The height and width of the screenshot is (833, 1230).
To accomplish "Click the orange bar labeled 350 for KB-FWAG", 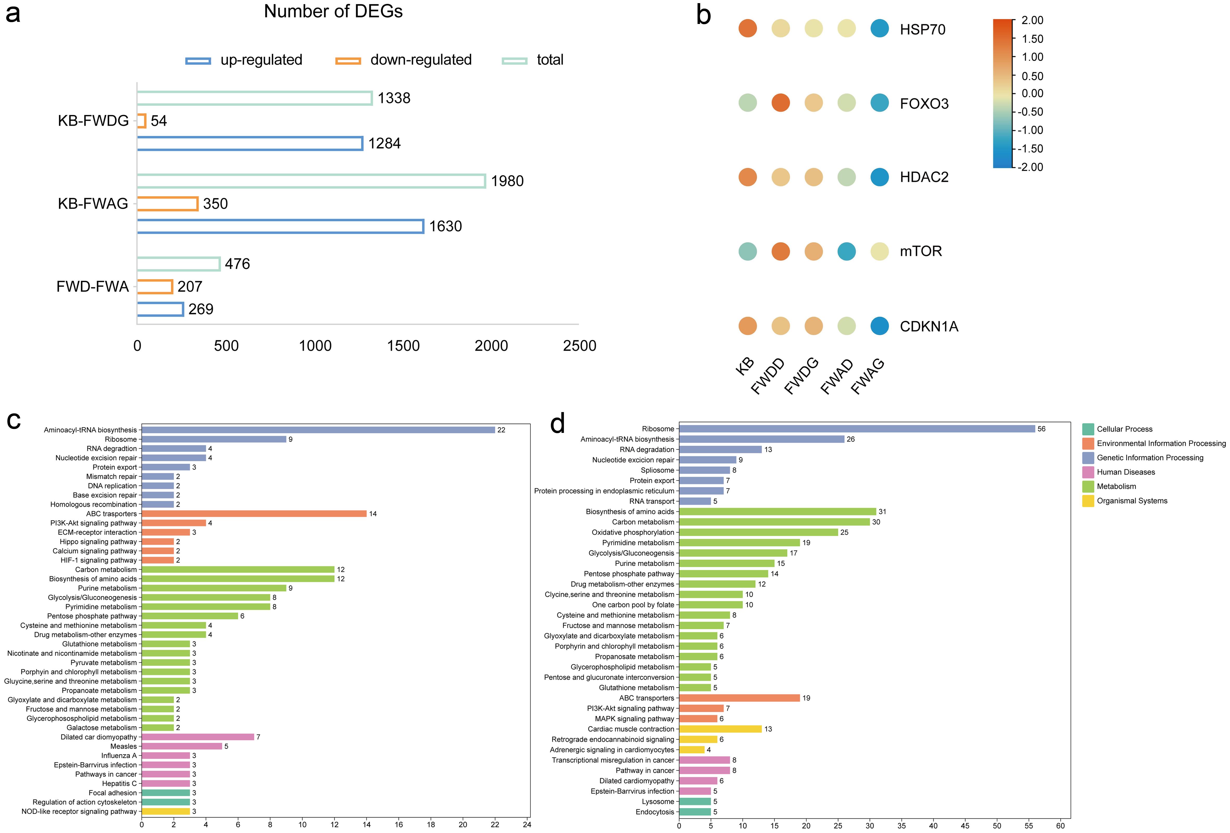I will tap(167, 204).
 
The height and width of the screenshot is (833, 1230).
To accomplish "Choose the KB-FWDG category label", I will tap(93, 121).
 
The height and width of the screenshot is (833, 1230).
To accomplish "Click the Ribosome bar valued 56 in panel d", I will tap(856, 429).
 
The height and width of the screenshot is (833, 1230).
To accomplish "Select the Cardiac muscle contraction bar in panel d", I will tap(720, 729).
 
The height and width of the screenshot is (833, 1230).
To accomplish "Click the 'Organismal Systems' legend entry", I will tap(1132, 501).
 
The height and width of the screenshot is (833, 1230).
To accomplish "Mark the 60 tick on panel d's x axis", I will tap(1060, 826).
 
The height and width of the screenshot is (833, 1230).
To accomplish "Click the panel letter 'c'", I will tap(14, 421).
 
